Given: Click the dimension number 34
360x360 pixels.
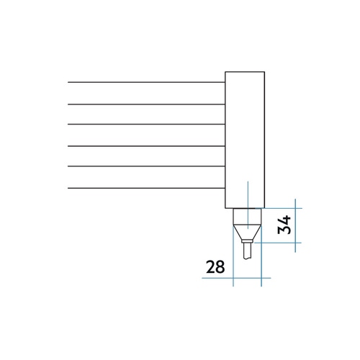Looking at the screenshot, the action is pyautogui.click(x=284, y=225).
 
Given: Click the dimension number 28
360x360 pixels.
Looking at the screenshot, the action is pyautogui.click(x=215, y=266).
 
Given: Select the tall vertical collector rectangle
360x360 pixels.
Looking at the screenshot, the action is pyautogui.click(x=245, y=140).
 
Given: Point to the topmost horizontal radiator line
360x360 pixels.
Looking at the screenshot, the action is pyautogui.click(x=146, y=82).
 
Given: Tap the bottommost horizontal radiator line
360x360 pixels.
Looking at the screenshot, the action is pyautogui.click(x=146, y=188).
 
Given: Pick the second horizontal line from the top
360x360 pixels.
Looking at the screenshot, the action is pyautogui.click(x=146, y=104).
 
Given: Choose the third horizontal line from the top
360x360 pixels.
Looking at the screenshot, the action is pyautogui.click(x=146, y=125).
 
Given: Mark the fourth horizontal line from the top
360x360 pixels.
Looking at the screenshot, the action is pyautogui.click(x=146, y=146).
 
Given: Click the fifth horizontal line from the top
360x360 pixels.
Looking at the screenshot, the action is pyautogui.click(x=146, y=166).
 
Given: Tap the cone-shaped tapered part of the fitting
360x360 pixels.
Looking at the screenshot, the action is pyautogui.click(x=247, y=232).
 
